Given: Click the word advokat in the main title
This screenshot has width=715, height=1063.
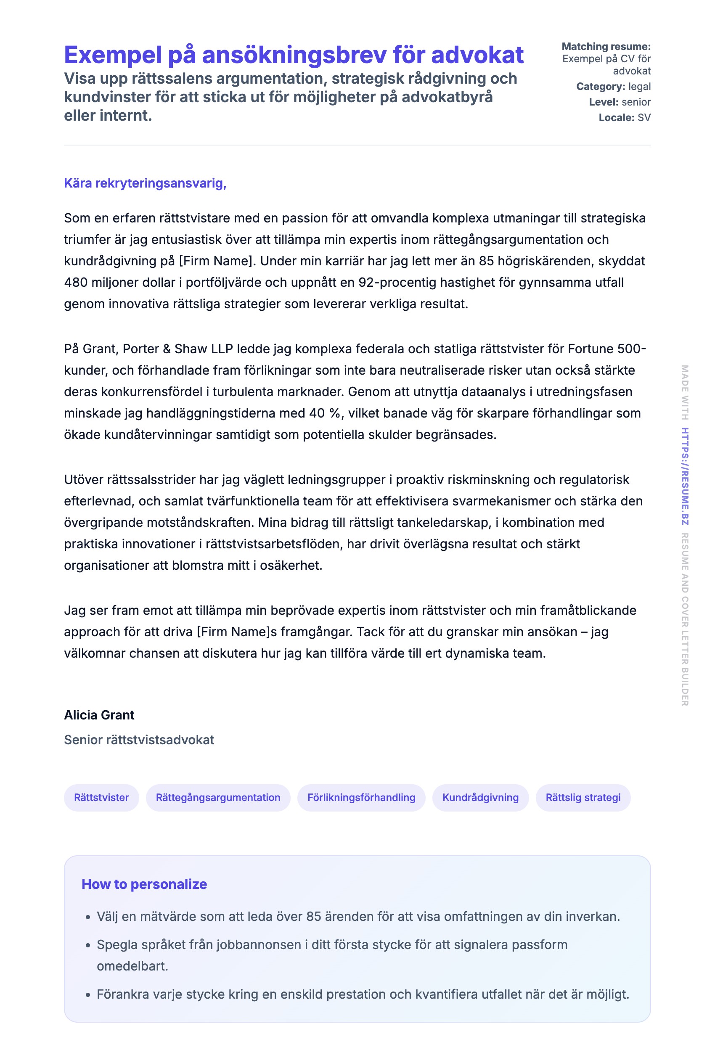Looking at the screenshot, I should point(477,55).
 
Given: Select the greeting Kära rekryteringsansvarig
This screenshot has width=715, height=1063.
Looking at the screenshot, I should point(145,183).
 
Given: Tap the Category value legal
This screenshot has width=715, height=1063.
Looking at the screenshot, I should point(639,87).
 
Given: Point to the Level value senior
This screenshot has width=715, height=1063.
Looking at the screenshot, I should point(636,102).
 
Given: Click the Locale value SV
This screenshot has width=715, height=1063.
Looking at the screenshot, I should point(644,118).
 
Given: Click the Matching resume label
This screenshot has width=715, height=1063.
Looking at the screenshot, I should point(606,47).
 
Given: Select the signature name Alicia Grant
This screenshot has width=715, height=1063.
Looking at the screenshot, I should point(99,715).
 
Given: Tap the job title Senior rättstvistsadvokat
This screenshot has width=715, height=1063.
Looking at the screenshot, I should point(139,739).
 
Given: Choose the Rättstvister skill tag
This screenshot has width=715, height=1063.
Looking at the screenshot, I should point(101,797).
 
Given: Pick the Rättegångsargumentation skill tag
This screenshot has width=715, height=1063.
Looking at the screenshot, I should point(218,797).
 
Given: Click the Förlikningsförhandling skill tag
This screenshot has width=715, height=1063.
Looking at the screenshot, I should point(361,797).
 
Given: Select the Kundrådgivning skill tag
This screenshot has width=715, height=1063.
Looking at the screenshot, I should point(480,797).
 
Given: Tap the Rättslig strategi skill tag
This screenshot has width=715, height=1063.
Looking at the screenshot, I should point(583,797).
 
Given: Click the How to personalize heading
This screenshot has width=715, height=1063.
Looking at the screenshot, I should point(144,884).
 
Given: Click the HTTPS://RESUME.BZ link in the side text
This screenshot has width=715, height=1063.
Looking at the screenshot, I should point(685,476).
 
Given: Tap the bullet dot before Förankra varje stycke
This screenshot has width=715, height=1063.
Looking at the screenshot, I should point(88,994).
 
